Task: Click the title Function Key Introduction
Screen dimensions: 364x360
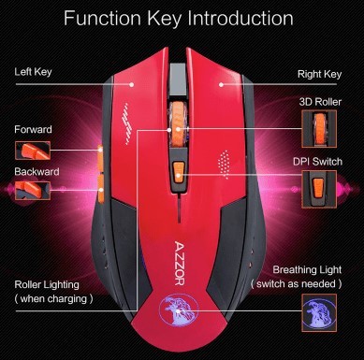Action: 179,19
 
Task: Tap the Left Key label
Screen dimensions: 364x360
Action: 33,72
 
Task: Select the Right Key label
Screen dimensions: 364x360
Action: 319,75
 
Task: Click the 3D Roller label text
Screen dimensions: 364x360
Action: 320,102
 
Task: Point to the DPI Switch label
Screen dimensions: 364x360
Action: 317,162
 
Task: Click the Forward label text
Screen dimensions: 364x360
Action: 33,129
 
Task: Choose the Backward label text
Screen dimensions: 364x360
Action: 36,172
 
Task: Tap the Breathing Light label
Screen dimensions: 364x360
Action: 307,269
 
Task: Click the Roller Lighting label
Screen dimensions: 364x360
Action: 47,284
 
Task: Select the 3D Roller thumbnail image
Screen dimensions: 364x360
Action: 319,129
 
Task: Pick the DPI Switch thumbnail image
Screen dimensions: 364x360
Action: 319,189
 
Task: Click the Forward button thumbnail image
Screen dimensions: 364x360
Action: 33,151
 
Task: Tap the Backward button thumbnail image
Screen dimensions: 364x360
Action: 33,191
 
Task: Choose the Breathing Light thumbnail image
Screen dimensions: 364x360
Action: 319,312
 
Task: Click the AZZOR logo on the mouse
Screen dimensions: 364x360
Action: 179,263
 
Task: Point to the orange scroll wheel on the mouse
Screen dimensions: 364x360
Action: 178,124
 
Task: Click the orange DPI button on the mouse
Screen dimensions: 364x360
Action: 178,172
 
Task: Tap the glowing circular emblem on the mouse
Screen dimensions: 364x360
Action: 177,310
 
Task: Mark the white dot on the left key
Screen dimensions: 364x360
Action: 132,84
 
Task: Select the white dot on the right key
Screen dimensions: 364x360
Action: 221,84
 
